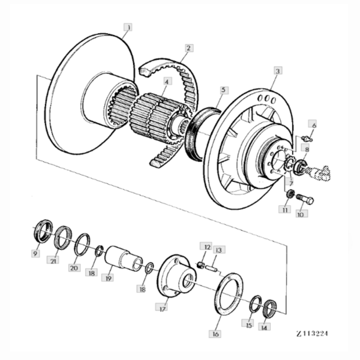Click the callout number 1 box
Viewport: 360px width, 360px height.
tap(128, 27)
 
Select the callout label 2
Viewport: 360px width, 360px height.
tap(188, 47)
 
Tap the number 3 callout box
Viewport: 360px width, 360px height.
tap(277, 71)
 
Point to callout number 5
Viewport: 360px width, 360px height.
tap(223, 90)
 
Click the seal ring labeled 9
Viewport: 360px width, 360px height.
tap(42, 231)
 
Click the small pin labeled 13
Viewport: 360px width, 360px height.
tap(212, 267)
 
